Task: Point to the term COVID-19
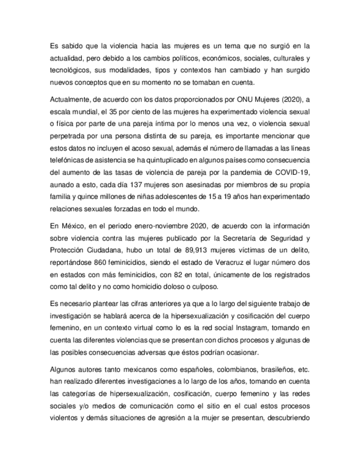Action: coord(295,170)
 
